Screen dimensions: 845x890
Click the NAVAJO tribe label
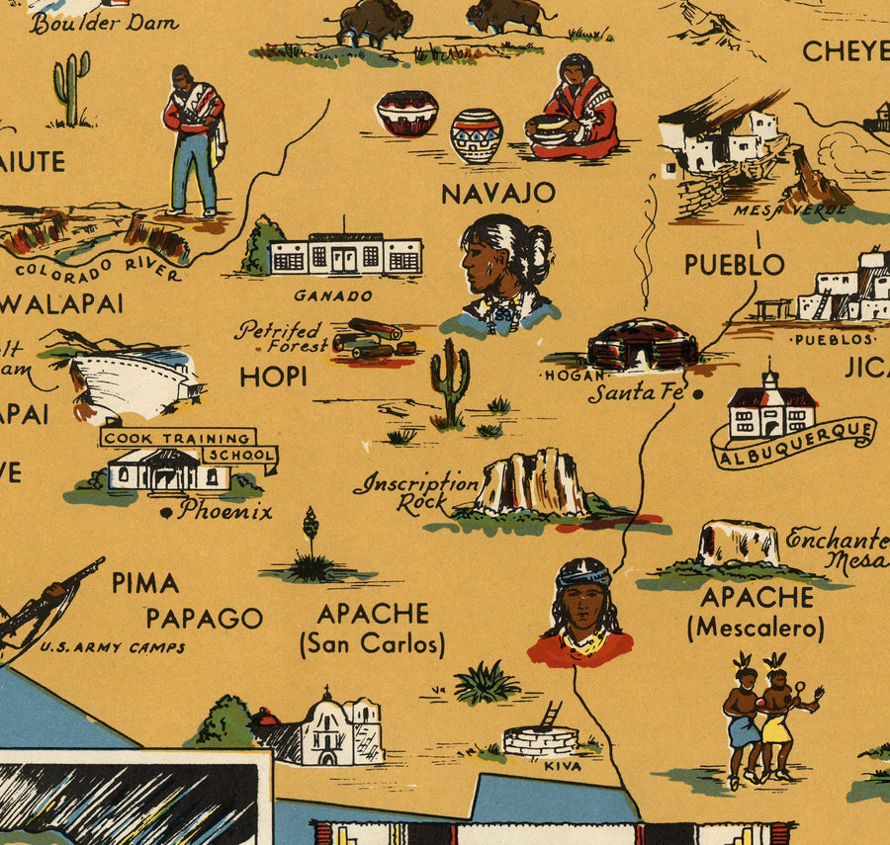tap(497, 193)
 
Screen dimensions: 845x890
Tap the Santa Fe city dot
tap(699, 393)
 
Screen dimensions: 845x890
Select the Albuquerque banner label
tap(793, 444)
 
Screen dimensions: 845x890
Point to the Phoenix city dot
tap(166, 512)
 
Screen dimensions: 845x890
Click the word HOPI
tap(273, 377)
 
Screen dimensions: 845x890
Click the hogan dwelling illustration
tap(642, 344)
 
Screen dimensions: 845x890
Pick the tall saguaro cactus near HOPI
tap(450, 380)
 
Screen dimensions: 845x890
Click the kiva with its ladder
tap(540, 734)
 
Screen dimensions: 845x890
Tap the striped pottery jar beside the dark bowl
tap(476, 134)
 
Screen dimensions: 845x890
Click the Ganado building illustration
tap(345, 255)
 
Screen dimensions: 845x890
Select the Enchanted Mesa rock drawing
tap(738, 544)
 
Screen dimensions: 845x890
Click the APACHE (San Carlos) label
tap(372, 628)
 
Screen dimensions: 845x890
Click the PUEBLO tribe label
tap(735, 265)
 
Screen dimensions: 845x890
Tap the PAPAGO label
tap(204, 619)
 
